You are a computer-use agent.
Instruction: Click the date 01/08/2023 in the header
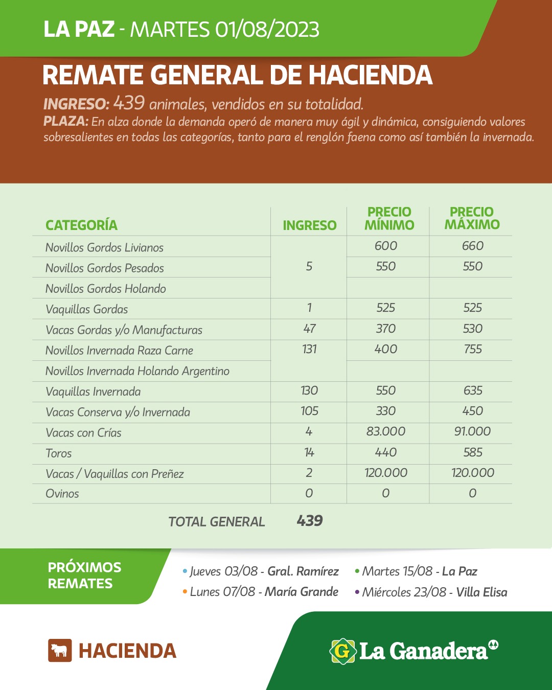[x=267, y=30]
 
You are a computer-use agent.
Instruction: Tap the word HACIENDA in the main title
[x=371, y=76]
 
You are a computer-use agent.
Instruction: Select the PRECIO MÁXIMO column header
[x=472, y=219]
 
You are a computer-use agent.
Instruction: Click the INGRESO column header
[x=309, y=225]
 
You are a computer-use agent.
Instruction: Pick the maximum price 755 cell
[x=473, y=350]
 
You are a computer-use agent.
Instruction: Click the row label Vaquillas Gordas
[x=87, y=309]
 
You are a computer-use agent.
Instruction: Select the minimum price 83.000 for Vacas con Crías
[x=386, y=432]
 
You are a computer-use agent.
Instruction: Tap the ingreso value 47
[x=309, y=329]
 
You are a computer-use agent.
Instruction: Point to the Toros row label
[x=59, y=453]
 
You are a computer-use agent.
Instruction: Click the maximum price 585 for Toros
[x=473, y=452]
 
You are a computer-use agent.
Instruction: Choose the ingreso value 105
[x=309, y=411]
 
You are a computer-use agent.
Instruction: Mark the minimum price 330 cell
[x=386, y=411]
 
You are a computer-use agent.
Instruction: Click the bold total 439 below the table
[x=310, y=521]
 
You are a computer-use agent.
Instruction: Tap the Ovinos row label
[x=62, y=494]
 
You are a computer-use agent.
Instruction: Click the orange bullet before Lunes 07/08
[x=185, y=592]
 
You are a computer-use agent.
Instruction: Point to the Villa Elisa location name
[x=481, y=592]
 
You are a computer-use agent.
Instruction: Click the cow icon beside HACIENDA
[x=60, y=651]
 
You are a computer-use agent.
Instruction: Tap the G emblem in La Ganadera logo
[x=342, y=651]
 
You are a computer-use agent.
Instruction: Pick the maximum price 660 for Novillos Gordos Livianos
[x=473, y=246]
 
